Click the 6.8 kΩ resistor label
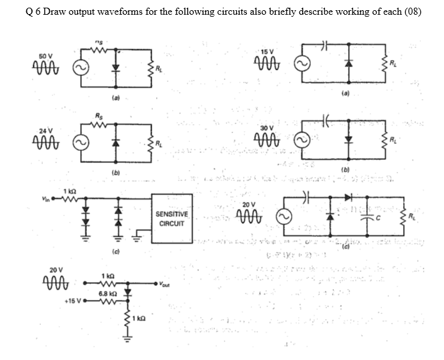point(107,293)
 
